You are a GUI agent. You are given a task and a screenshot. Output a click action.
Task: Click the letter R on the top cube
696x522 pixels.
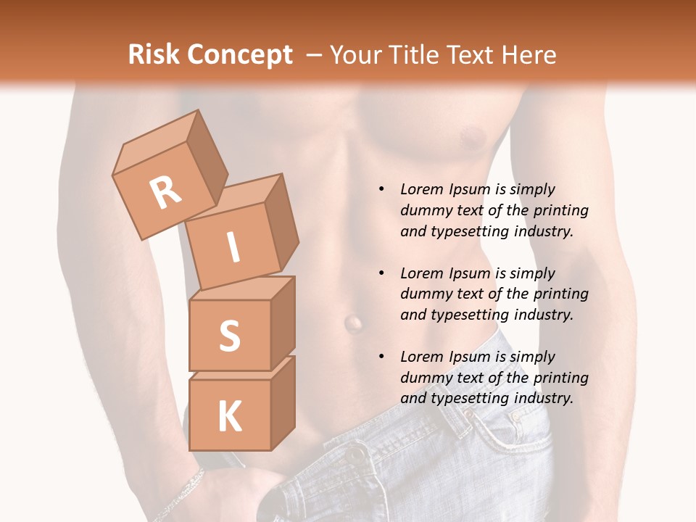pos(166,193)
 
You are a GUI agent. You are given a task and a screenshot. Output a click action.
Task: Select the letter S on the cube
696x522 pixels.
pos(229,335)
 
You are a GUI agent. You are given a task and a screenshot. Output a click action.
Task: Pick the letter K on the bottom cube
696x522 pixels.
pos(229,417)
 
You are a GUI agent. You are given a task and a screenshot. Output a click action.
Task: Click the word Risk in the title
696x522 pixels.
pos(154,54)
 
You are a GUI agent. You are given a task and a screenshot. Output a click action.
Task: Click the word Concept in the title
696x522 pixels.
pos(239,54)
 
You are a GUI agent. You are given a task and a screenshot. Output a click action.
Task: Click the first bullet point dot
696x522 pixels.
pos(381,189)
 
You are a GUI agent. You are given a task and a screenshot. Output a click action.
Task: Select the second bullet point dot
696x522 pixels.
pos(381,273)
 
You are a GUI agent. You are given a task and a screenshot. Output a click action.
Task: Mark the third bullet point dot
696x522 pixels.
pos(381,357)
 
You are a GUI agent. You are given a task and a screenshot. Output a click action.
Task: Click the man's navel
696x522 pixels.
pos(353,322)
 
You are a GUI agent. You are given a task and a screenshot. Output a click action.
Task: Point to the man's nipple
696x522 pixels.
pos(473,136)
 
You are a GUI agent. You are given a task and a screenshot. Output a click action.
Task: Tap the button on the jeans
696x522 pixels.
pos(355,455)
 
